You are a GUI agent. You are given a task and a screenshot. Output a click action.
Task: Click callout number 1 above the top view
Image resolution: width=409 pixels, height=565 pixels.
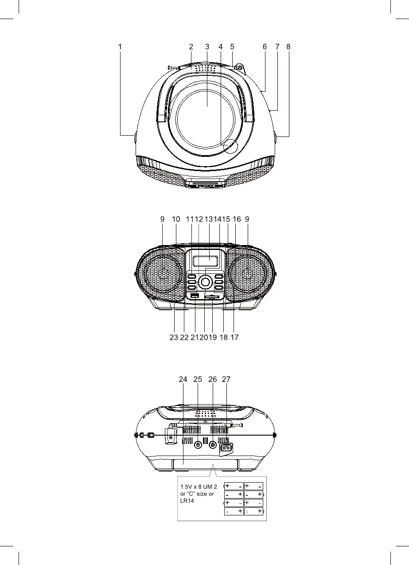(120, 46)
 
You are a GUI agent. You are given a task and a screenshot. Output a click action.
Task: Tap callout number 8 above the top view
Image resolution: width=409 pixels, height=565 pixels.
(288, 46)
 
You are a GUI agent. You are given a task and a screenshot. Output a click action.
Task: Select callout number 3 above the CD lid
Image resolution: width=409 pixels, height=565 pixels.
(207, 46)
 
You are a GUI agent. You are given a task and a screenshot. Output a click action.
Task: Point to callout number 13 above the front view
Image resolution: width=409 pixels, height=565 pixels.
(209, 219)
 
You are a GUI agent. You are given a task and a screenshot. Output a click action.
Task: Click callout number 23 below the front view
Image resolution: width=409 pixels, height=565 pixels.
(174, 337)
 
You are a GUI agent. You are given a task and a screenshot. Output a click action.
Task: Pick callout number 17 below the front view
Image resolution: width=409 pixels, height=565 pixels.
(234, 337)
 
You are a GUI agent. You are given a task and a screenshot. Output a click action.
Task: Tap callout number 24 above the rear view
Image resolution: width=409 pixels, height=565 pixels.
(183, 379)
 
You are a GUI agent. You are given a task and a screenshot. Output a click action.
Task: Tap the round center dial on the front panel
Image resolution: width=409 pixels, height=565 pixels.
(205, 281)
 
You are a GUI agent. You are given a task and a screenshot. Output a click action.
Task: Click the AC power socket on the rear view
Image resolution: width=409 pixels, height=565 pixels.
(226, 448)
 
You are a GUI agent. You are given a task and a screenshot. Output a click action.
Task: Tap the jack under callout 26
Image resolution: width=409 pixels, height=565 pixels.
(213, 445)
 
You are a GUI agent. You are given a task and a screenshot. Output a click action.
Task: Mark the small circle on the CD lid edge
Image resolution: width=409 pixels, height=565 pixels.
(230, 146)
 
